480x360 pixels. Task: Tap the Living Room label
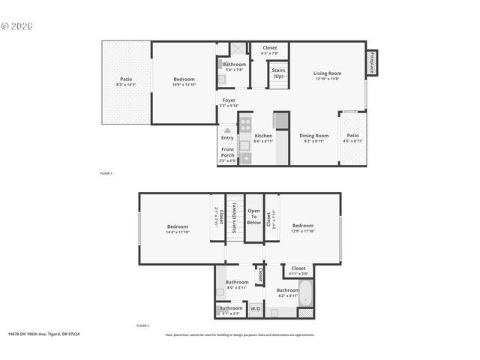point(327,76)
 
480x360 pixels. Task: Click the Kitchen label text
point(263,138)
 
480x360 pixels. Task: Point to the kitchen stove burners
point(245,124)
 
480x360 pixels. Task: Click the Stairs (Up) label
point(278,74)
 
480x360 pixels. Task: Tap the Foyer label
point(228,103)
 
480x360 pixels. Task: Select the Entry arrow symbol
point(227,130)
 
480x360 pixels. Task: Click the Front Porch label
point(227,153)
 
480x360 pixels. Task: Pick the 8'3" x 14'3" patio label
point(127,82)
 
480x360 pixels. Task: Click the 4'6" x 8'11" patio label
point(352,138)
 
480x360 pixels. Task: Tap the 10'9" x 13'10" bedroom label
point(184,82)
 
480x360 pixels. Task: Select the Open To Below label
point(254,217)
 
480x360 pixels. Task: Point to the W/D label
point(255,308)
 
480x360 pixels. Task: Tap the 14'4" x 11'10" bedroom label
point(178,228)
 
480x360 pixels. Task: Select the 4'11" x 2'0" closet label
point(298,270)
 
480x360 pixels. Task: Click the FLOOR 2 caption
point(142,325)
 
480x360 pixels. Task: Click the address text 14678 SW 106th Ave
point(36,334)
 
